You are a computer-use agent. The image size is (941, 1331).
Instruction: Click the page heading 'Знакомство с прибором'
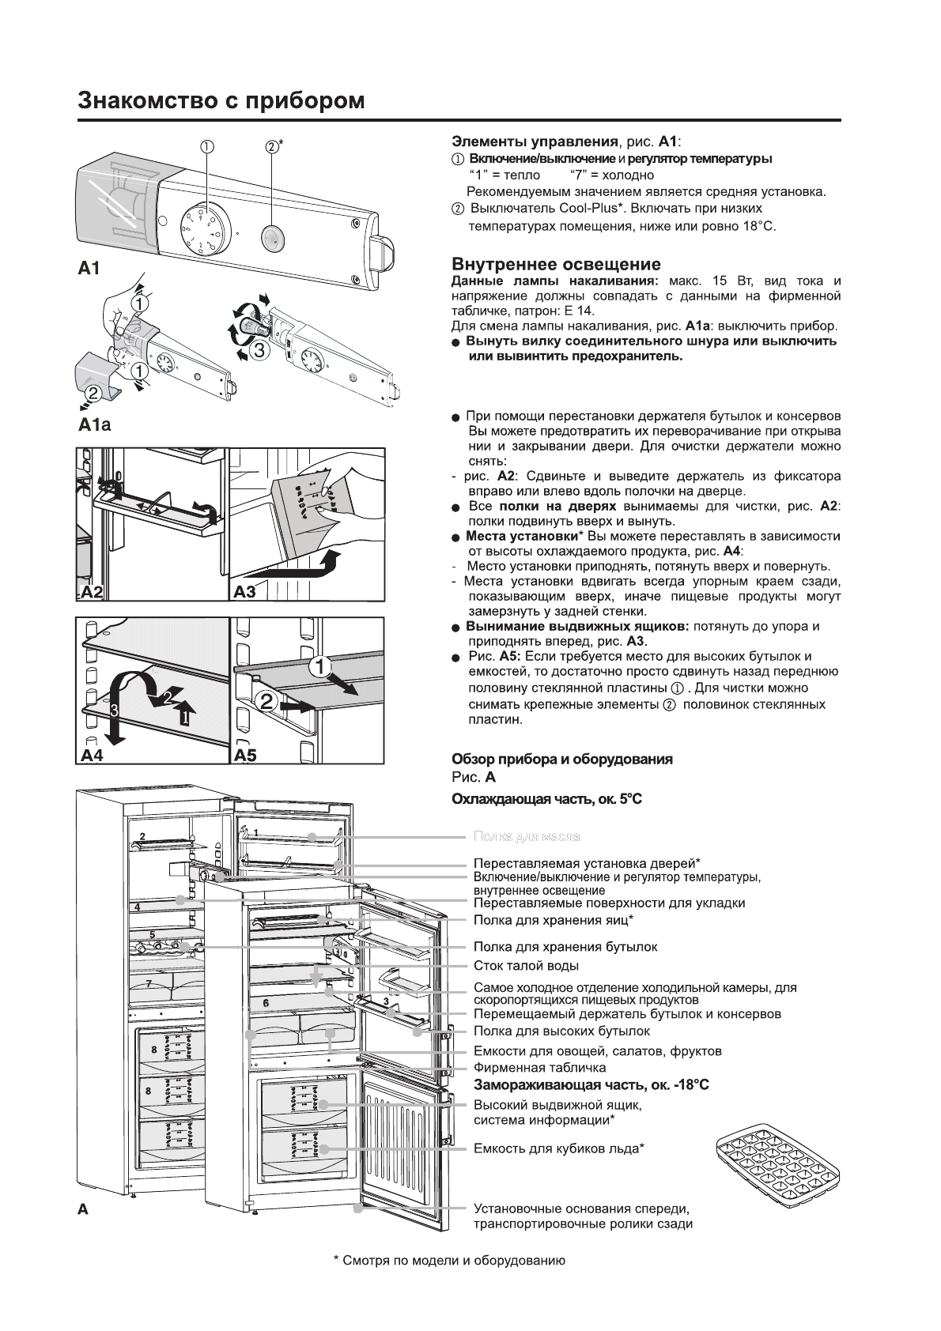221,101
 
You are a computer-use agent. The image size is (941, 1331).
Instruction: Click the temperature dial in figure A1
200,228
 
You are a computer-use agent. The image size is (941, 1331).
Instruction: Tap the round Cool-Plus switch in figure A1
272,236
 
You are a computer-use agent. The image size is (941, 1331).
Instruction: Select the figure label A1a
95,425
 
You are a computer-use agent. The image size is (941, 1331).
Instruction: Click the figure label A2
93,592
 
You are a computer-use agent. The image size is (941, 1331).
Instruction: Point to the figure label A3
245,592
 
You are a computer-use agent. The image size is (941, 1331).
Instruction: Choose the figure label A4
92,755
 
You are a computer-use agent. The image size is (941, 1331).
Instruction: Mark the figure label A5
245,755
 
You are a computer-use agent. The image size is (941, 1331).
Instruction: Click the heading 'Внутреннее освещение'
556,264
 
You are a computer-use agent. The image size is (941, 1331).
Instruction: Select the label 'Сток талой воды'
526,966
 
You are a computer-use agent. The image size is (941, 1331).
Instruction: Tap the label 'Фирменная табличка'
539,1068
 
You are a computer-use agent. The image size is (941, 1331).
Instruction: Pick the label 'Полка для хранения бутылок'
565,947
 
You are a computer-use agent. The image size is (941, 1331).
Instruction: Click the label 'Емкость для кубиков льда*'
558,1148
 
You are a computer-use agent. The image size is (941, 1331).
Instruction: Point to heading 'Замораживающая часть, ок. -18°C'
591,1085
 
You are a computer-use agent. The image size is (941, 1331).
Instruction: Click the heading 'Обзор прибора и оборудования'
561,759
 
